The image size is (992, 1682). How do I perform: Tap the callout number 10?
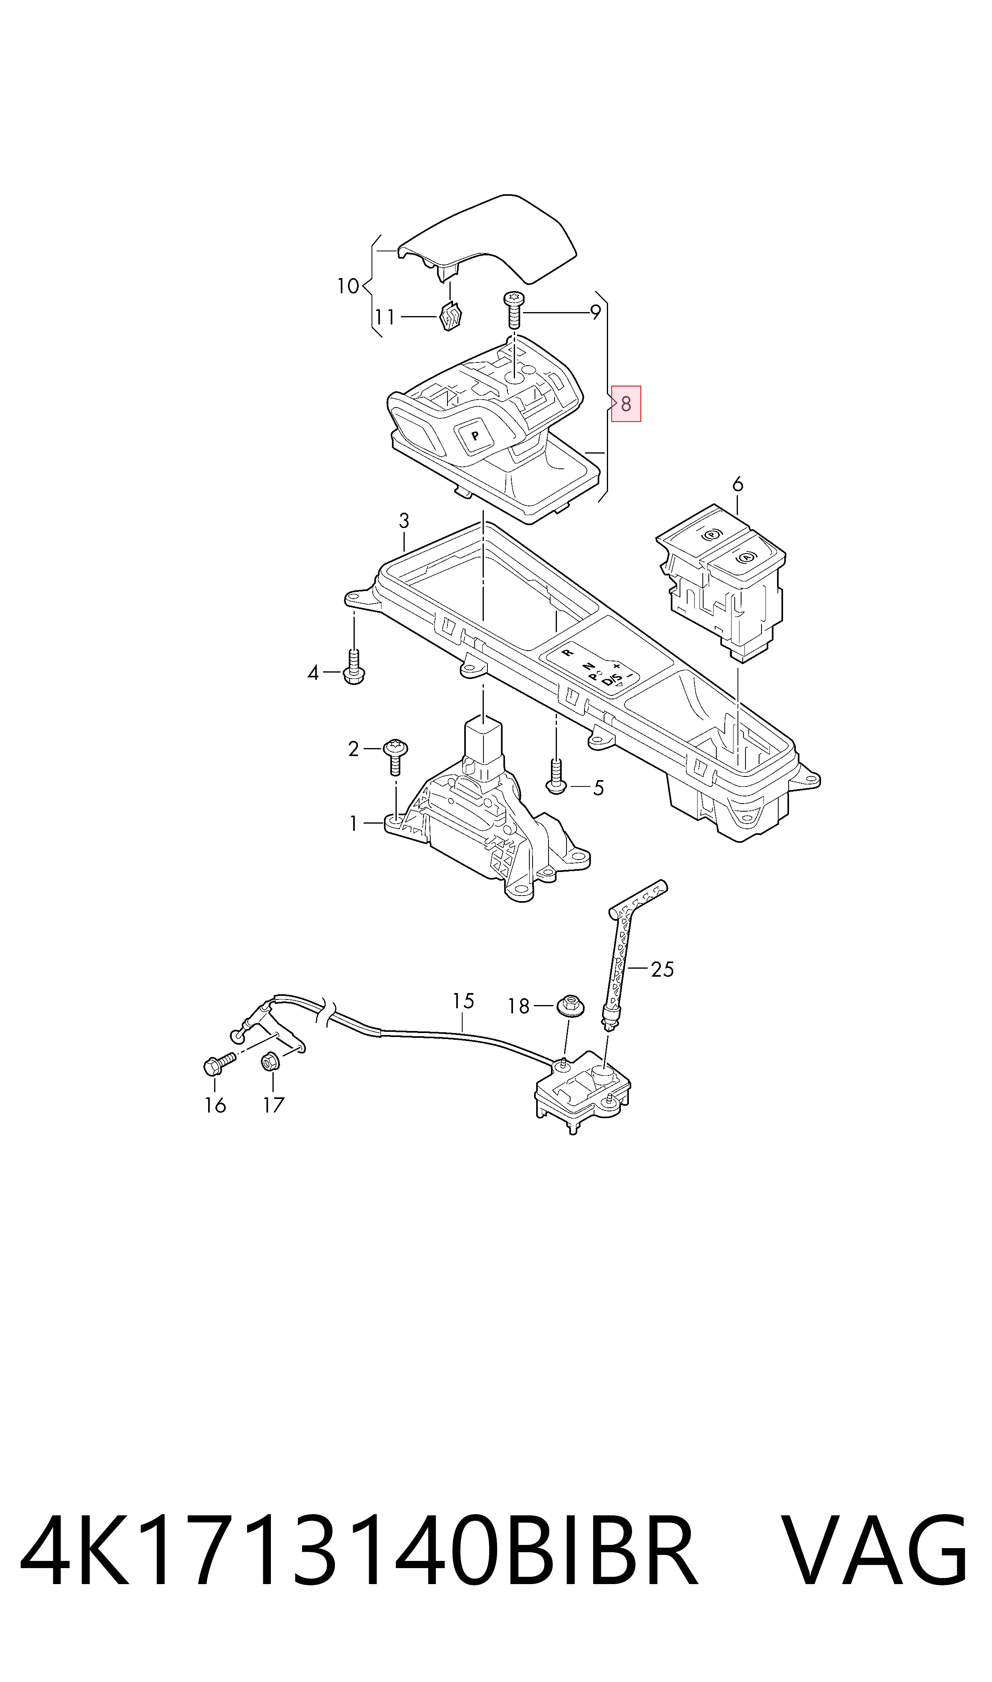pyautogui.click(x=348, y=287)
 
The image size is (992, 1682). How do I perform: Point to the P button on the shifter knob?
pyautogui.click(x=474, y=435)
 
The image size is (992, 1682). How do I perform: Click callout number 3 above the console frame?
pyautogui.click(x=404, y=520)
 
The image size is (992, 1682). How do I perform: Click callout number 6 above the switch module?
pyautogui.click(x=738, y=484)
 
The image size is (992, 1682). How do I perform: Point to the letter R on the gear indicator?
pyautogui.click(x=569, y=651)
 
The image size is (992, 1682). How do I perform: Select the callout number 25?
pyautogui.click(x=662, y=969)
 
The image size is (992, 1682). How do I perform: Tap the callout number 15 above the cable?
pyautogui.click(x=463, y=1001)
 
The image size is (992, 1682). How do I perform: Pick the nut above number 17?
pyautogui.click(x=270, y=1060)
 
